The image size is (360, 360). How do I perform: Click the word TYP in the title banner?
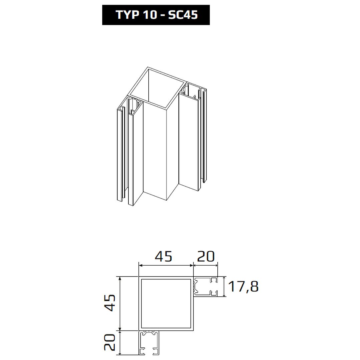(128, 15)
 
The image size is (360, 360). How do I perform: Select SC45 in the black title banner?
(183, 15)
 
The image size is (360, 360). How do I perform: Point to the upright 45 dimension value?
(163, 257)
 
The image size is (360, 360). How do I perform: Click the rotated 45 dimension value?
(111, 303)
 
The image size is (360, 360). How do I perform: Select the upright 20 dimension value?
(206, 257)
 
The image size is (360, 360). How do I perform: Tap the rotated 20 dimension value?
(110, 342)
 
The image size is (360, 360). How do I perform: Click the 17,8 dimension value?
(243, 287)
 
